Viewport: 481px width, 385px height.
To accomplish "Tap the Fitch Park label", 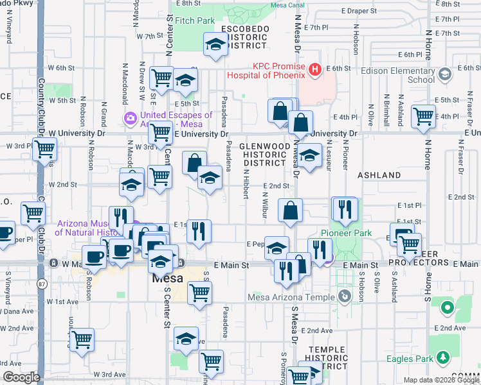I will [194, 21].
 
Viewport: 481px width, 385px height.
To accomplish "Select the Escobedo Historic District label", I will [245, 37].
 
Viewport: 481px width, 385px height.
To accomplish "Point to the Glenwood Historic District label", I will [264, 154].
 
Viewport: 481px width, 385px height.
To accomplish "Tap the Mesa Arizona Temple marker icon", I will [345, 296].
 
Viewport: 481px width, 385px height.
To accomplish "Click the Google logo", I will [21, 377].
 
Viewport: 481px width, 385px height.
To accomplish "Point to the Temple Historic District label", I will [328, 358].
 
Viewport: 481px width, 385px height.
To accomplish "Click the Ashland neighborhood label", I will [379, 175].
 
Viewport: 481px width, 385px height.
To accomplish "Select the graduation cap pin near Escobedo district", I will [214, 45].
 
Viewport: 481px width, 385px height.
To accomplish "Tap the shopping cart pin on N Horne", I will [423, 117].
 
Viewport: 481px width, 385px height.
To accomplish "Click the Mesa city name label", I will [168, 279].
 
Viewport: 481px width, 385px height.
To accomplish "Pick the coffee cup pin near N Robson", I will [95, 257].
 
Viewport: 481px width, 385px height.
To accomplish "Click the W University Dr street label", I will [77, 133].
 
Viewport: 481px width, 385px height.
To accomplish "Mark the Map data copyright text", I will [440, 380].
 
